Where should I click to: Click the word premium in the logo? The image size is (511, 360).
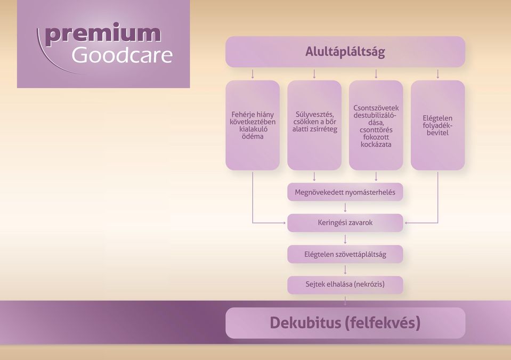pyautogui.click(x=103, y=35)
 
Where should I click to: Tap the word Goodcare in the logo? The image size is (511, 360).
pyautogui.click(x=122, y=55)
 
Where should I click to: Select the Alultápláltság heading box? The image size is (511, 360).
pyautogui.click(x=345, y=52)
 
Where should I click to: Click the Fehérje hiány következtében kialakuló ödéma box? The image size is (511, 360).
pyautogui.click(x=253, y=126)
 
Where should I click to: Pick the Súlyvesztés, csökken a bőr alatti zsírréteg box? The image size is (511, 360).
pyautogui.click(x=314, y=126)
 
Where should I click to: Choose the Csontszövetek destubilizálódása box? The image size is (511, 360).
pyautogui.click(x=376, y=126)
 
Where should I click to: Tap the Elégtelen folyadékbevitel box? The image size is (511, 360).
pyautogui.click(x=437, y=126)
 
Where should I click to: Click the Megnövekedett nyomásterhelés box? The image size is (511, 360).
pyautogui.click(x=345, y=192)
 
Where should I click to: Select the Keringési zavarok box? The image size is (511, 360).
pyautogui.click(x=345, y=223)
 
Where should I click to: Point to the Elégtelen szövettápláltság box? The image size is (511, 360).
pyautogui.click(x=345, y=254)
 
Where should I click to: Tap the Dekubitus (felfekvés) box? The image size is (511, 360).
pyautogui.click(x=345, y=323)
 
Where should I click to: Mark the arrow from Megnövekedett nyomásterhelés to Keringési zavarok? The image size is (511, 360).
pyautogui.click(x=345, y=208)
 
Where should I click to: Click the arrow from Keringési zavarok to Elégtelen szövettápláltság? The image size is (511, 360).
pyautogui.click(x=345, y=239)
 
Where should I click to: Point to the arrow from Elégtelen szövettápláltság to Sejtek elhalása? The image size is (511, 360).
pyautogui.click(x=345, y=270)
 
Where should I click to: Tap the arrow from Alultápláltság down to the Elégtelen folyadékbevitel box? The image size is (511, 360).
pyautogui.click(x=437, y=74)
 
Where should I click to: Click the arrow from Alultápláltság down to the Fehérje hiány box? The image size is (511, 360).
pyautogui.click(x=253, y=74)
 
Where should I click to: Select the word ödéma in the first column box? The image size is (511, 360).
pyautogui.click(x=253, y=136)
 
